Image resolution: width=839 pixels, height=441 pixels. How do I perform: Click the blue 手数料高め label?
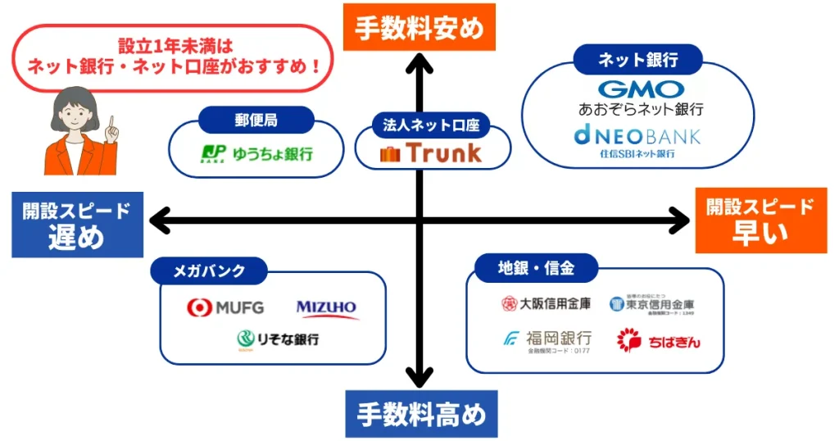[420, 414]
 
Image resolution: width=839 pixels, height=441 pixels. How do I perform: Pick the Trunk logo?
[431, 152]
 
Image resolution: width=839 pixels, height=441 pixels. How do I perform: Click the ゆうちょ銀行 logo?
[257, 153]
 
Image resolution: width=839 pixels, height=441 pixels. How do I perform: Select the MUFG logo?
[226, 308]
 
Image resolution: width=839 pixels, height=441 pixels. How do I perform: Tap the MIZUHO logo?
[327, 308]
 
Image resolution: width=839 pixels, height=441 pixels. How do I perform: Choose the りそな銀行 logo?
[278, 339]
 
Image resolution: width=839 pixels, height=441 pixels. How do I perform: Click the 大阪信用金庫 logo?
[545, 304]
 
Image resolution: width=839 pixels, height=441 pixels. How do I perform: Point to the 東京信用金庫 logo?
[652, 305]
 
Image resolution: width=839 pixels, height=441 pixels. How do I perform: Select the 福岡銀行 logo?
[546, 339]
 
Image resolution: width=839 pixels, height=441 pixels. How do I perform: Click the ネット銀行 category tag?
[637, 59]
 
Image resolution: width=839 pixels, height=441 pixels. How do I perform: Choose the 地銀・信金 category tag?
[536, 267]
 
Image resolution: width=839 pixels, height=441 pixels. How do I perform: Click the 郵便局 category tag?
[256, 120]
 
